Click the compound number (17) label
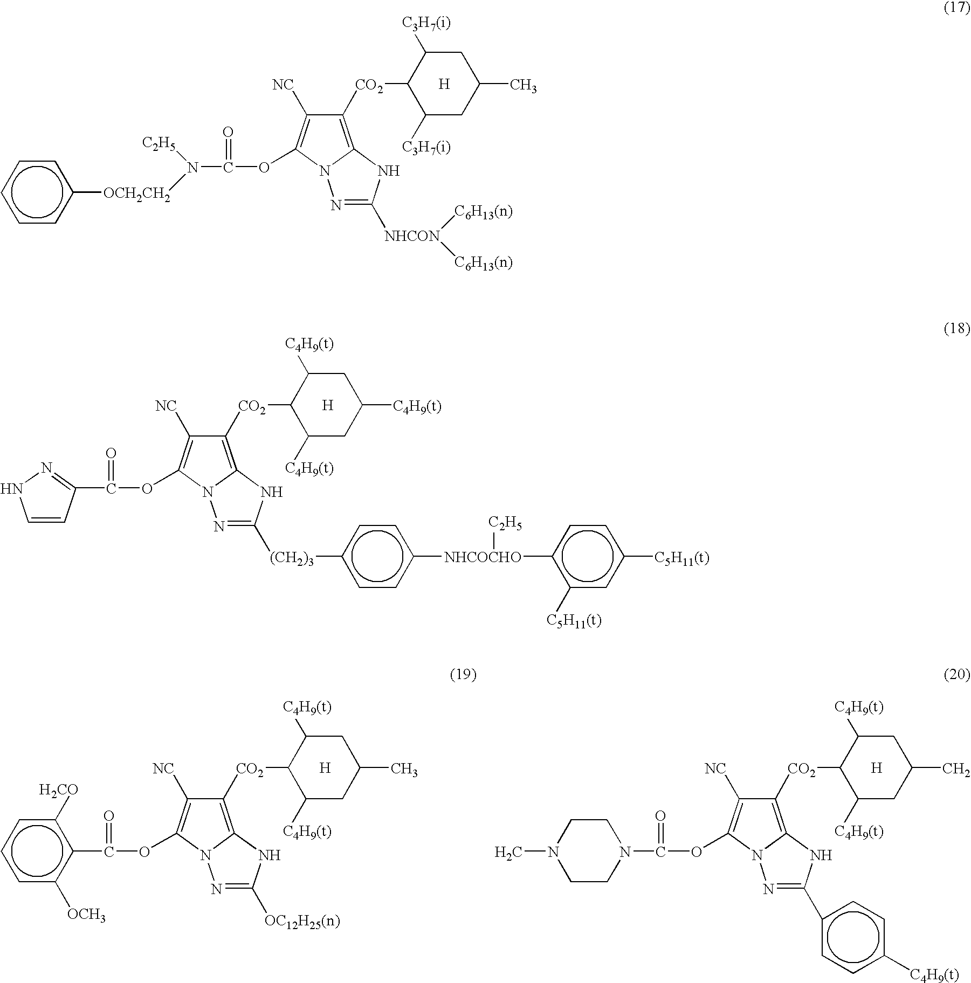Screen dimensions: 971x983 (x=957, y=9)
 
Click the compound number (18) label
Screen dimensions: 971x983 (x=957, y=328)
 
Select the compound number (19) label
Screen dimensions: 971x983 (x=463, y=675)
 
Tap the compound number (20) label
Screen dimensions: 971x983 (x=957, y=675)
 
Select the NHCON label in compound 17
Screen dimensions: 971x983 (x=413, y=236)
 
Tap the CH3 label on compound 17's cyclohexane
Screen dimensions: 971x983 (x=523, y=86)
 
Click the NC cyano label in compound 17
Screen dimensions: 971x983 (x=283, y=85)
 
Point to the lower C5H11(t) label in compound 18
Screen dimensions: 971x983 (x=574, y=621)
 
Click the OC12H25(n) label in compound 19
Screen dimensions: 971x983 (x=302, y=922)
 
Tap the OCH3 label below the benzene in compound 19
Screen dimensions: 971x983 (x=86, y=915)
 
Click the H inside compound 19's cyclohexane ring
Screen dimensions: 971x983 (x=325, y=768)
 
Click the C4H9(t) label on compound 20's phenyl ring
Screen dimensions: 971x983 (x=934, y=974)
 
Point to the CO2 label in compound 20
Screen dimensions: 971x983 (x=801, y=769)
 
